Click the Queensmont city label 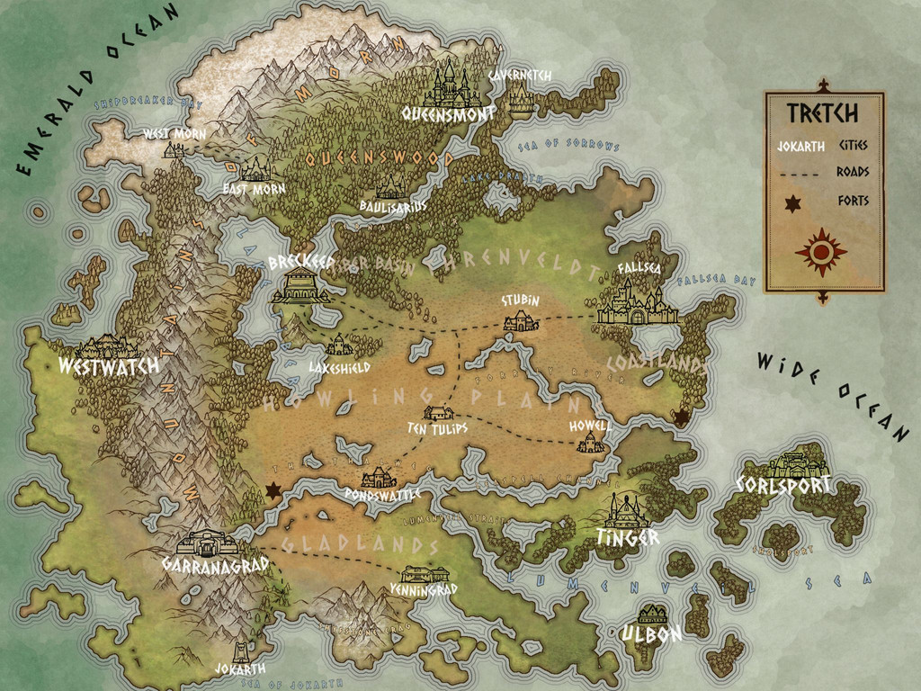(x=449, y=114)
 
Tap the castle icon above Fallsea (x=638, y=302)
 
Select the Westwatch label (x=108, y=366)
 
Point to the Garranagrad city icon (x=207, y=543)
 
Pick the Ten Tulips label (x=438, y=428)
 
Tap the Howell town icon (x=590, y=442)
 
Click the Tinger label (x=627, y=537)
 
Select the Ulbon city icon (x=651, y=615)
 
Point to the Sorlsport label (x=782, y=485)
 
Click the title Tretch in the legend (x=822, y=113)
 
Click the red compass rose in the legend (x=821, y=251)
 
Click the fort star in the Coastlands (x=682, y=416)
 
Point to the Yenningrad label (x=425, y=589)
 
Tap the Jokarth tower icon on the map (x=240, y=652)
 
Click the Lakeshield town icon (x=338, y=345)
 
